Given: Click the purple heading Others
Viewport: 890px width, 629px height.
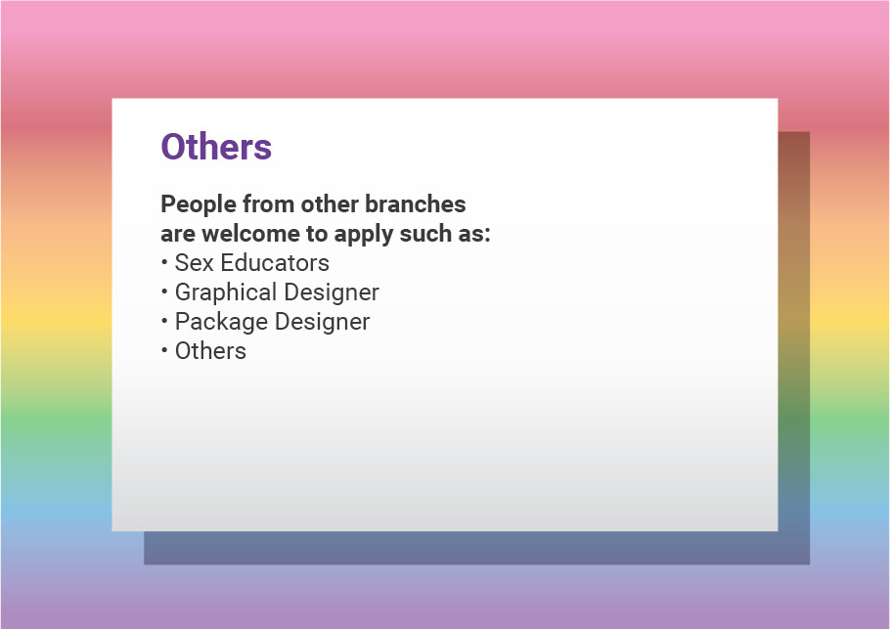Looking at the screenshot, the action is click(216, 147).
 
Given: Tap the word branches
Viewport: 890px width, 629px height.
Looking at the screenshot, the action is click(415, 203).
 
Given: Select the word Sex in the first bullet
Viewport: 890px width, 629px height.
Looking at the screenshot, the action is click(194, 263).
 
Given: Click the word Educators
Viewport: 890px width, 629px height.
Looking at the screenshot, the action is click(275, 263).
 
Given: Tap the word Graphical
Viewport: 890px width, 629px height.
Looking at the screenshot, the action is click(227, 292).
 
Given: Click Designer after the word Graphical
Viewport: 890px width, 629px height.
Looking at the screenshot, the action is click(332, 292).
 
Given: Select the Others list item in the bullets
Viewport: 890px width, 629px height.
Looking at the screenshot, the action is click(210, 351).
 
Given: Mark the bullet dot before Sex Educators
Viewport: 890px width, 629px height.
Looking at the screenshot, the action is click(164, 262).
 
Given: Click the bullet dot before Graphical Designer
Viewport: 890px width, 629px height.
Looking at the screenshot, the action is click(164, 292).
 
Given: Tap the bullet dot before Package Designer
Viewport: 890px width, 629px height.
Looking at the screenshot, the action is click(164, 321).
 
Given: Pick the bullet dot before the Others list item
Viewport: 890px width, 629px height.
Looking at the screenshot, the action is click(164, 350).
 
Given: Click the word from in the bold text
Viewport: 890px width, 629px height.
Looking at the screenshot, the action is click(269, 203).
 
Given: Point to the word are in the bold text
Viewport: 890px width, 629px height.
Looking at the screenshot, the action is click(178, 235).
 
